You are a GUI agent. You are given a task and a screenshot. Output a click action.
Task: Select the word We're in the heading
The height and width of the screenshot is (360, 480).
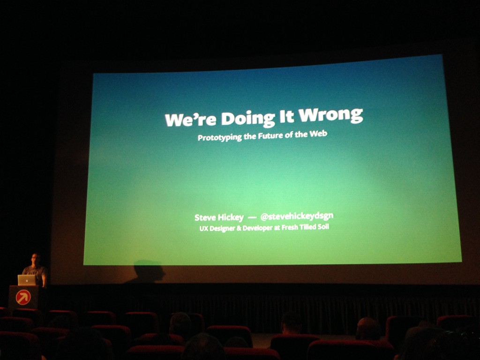[x=191, y=119]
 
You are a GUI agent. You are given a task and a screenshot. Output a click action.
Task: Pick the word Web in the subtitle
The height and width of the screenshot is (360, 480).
[x=318, y=134]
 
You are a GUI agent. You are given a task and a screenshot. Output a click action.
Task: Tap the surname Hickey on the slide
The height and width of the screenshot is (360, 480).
[x=231, y=217]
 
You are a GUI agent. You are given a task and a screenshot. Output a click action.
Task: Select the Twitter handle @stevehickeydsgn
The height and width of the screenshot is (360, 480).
[x=297, y=217]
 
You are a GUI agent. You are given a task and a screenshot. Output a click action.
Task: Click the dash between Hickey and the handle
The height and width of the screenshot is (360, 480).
[x=252, y=217]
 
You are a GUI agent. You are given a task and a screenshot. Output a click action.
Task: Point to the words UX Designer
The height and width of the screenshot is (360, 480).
[x=217, y=228]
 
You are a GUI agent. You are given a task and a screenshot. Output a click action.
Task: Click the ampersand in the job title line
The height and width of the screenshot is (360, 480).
[x=239, y=228]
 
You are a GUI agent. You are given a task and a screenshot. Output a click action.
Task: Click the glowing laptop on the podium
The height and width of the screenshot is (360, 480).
[x=27, y=280]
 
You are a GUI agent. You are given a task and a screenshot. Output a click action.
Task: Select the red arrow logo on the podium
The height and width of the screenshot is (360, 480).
[x=23, y=297]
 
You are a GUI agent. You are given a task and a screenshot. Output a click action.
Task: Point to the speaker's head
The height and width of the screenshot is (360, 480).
[x=35, y=259]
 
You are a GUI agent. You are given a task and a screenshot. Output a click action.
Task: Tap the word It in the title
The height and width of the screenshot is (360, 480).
[x=286, y=116]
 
